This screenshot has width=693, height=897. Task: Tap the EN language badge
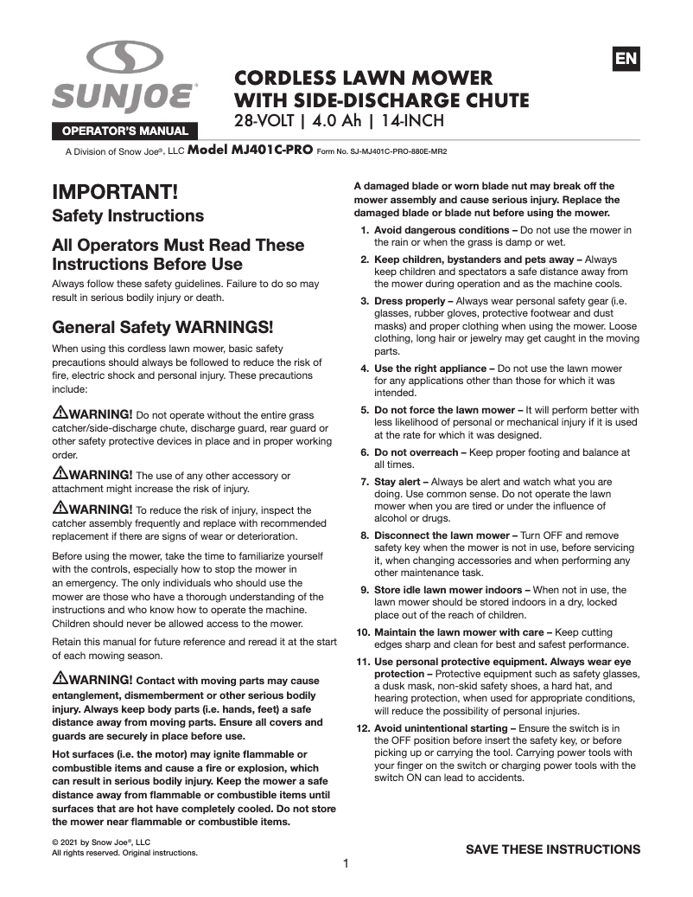626,59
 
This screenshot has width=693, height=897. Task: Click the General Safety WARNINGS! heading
162,327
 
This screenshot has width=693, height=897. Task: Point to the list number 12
363,728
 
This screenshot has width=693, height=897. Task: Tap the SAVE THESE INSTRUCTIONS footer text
553,849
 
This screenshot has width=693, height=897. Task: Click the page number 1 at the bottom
346,863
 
